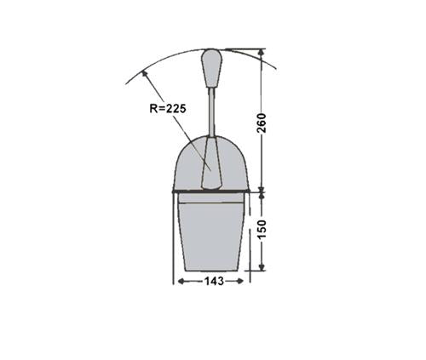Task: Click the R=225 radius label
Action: [168, 108]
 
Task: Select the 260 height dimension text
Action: [262, 123]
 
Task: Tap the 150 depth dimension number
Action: [262, 229]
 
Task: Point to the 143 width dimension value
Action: [214, 281]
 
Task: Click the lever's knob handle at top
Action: [211, 68]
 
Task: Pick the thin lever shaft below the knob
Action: [211, 112]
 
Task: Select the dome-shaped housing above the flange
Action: [211, 163]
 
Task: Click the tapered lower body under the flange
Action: [211, 237]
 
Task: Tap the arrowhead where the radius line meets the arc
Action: [145, 74]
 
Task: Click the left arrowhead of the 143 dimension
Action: [181, 281]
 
